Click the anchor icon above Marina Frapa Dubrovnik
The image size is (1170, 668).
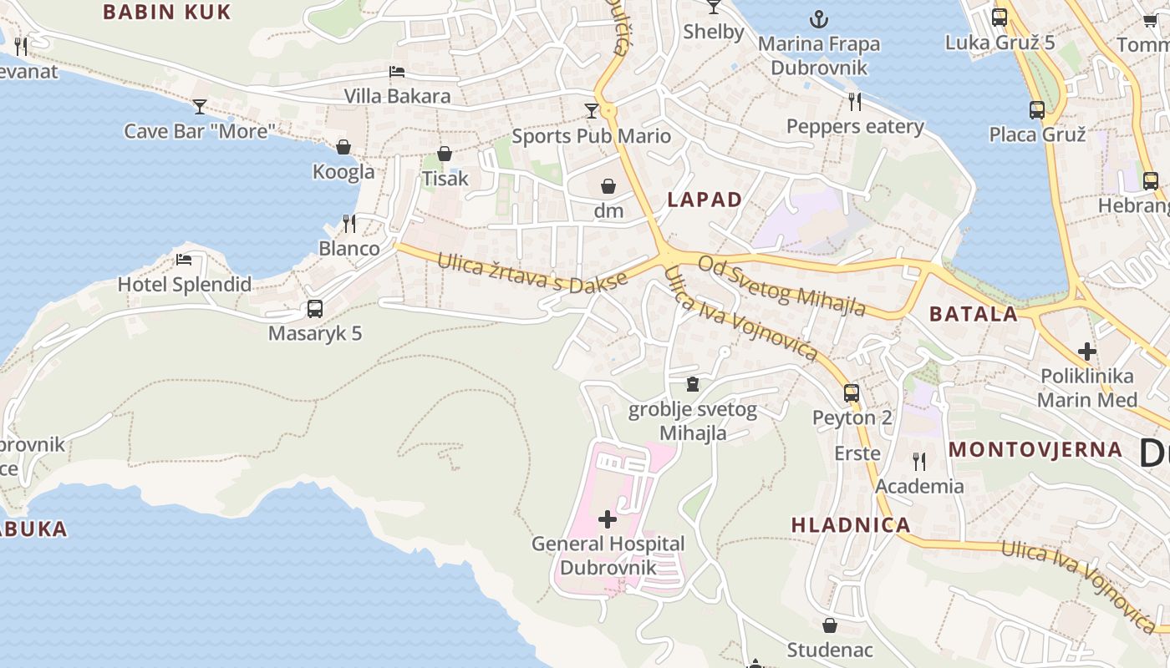tap(819, 18)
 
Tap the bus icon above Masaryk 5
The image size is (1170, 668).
tap(315, 308)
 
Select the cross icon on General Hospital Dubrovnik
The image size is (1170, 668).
tap(608, 519)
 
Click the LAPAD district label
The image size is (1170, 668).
tap(705, 200)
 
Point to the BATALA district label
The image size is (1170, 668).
tap(974, 315)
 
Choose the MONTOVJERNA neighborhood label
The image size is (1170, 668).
tap(1035, 449)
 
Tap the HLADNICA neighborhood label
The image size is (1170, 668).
tap(851, 525)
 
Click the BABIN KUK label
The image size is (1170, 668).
tap(166, 12)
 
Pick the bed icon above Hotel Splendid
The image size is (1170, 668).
tap(184, 259)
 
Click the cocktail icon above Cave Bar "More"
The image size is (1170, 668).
tap(200, 106)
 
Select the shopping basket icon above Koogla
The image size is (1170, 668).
tap(343, 147)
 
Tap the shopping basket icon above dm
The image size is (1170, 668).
tap(608, 185)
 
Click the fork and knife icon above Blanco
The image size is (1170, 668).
tap(348, 223)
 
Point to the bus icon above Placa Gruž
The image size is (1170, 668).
tap(1037, 109)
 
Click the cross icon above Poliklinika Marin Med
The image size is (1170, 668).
tap(1087, 352)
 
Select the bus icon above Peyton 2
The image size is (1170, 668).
tap(852, 392)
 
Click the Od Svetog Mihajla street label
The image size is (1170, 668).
tap(782, 286)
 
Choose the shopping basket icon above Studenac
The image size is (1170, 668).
tap(830, 625)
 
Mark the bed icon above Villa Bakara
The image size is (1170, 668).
tap(397, 72)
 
